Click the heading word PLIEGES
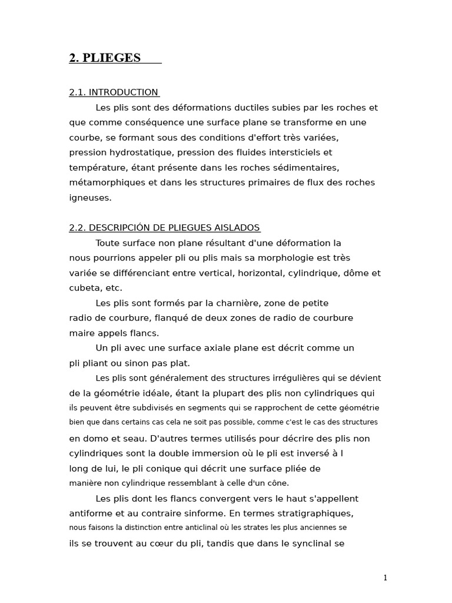pyautogui.click(x=112, y=58)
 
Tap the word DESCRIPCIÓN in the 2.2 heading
pyautogui.click(x=124, y=228)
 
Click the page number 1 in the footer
pyautogui.click(x=385, y=578)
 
